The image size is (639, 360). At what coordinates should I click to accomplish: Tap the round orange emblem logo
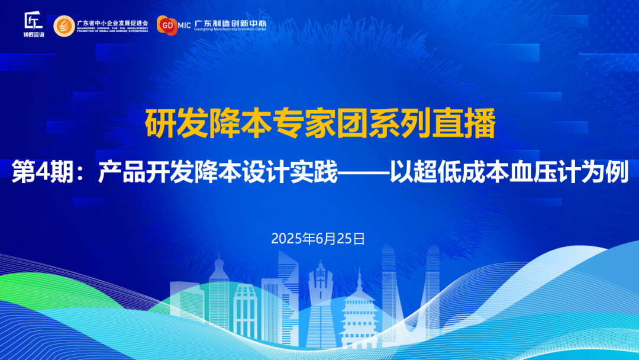pyautogui.click(x=64, y=26)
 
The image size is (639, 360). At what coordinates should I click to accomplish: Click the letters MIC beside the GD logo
pyautogui.click(x=184, y=25)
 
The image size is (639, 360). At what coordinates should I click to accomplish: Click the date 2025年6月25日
pyautogui.click(x=318, y=239)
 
